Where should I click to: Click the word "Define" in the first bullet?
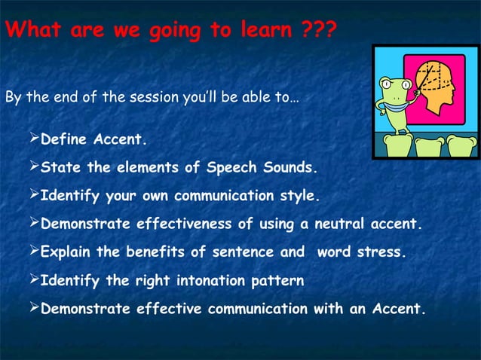63,140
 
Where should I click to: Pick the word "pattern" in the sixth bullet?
280,281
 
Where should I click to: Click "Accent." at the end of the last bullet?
397,309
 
